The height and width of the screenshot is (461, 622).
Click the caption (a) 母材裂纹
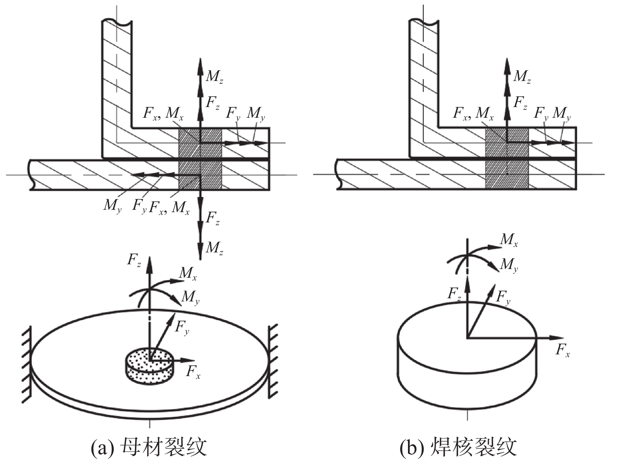[x=149, y=448]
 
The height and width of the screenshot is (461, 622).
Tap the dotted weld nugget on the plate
[x=149, y=365]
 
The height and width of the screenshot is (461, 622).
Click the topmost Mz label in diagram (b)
[x=522, y=76]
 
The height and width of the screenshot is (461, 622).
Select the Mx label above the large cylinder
[x=509, y=240]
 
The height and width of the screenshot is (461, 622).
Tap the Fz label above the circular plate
[x=134, y=260]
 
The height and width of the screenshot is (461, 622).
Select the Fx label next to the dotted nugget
[x=193, y=372]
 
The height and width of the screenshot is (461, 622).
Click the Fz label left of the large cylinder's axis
[x=455, y=294]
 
